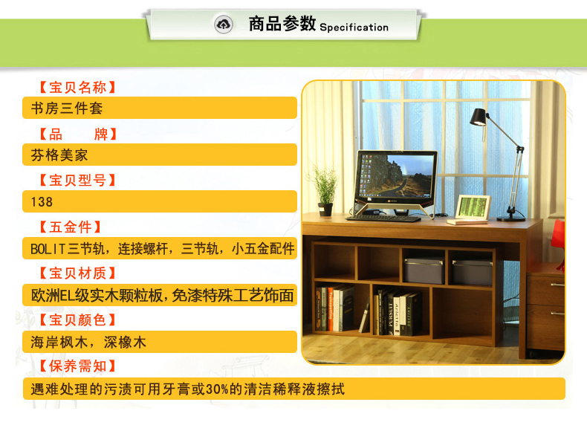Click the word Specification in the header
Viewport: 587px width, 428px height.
pyautogui.click(x=354, y=27)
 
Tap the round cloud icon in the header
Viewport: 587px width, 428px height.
pyautogui.click(x=224, y=25)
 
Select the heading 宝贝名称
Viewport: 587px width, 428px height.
pyautogui.click(x=77, y=87)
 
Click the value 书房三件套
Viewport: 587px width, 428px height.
pyautogui.click(x=67, y=108)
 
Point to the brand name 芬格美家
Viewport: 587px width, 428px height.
pyautogui.click(x=59, y=155)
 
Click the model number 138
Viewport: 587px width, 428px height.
pyautogui.click(x=42, y=202)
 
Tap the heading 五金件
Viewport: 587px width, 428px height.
pyautogui.click(x=71, y=227)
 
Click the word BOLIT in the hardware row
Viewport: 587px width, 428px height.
pyautogui.click(x=48, y=249)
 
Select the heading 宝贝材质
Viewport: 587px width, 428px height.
pyautogui.click(x=77, y=273)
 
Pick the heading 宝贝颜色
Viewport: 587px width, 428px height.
pyautogui.click(x=77, y=320)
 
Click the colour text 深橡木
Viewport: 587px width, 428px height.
pyautogui.click(x=125, y=343)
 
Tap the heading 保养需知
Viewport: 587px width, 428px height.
pyautogui.click(x=77, y=366)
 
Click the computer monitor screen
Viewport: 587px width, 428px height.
pyautogui.click(x=396, y=176)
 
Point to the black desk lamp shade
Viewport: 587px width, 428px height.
pyautogui.click(x=479, y=117)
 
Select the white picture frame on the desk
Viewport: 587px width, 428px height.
pyautogui.click(x=473, y=207)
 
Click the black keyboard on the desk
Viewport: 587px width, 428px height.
pyautogui.click(x=383, y=218)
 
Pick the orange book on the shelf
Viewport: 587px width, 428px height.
pyautogui.click(x=331, y=309)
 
